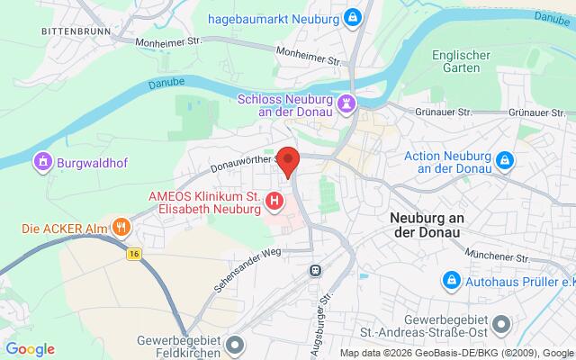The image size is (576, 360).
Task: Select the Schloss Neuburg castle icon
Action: [346, 103]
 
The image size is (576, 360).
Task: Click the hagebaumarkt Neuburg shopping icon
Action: [353, 18]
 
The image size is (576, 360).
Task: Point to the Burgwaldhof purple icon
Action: [40, 163]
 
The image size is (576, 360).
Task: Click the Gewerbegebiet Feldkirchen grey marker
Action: [235, 344]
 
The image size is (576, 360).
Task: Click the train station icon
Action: [315, 269]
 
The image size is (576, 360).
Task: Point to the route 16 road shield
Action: [134, 255]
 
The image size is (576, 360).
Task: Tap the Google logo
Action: [30, 349]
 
